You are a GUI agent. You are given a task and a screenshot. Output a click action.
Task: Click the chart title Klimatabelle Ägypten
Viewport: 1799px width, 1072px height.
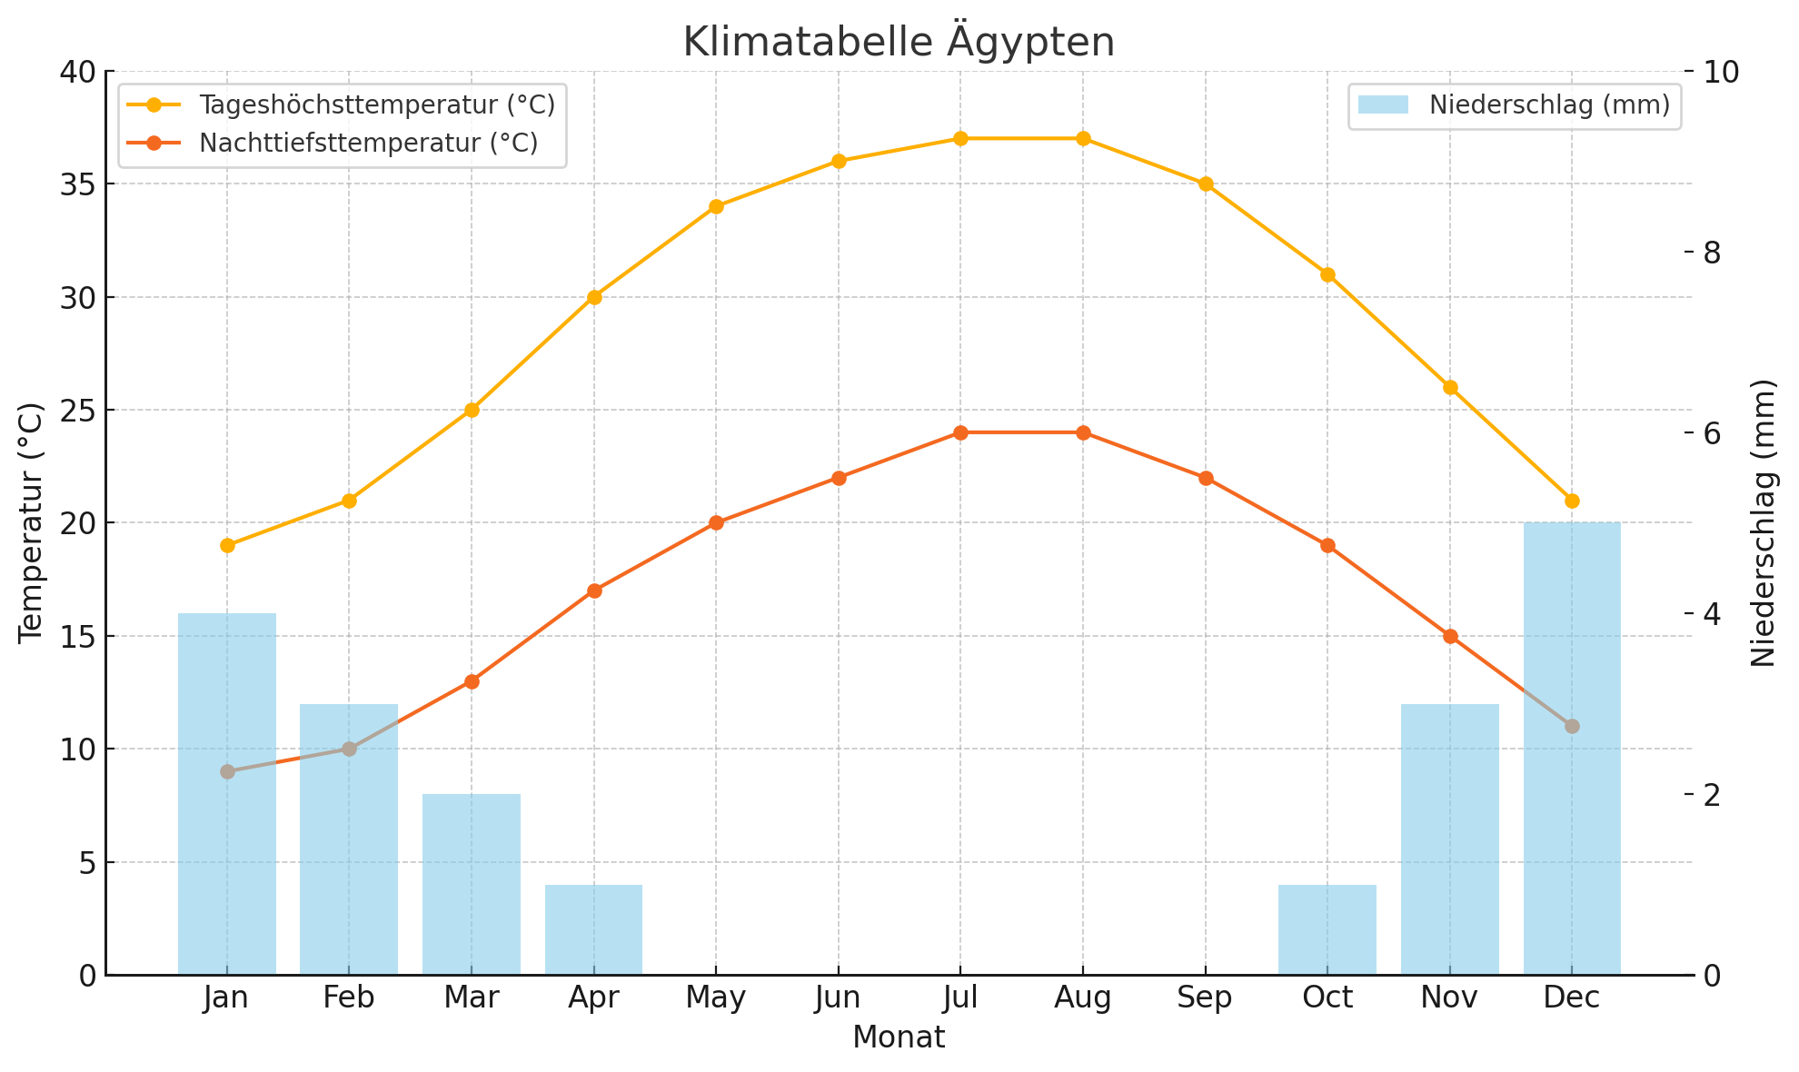pos(899,43)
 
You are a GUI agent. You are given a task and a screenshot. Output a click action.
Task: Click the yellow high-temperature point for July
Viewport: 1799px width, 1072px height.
pos(960,139)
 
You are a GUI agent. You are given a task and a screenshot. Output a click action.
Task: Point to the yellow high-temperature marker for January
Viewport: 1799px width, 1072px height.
pos(227,545)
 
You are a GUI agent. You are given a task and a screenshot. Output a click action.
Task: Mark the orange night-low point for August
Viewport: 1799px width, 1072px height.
pos(1083,432)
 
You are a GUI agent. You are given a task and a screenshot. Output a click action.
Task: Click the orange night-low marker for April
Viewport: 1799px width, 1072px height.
pos(594,591)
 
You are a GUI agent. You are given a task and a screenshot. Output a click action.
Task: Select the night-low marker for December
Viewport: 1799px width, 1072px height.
pos(1572,726)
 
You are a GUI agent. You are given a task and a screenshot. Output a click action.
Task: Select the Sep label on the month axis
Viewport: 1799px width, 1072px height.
pos(1205,998)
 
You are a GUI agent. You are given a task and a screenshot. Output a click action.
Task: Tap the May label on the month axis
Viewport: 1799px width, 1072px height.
pos(716,998)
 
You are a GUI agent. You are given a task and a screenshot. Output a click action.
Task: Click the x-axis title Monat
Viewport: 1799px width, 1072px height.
pos(899,1037)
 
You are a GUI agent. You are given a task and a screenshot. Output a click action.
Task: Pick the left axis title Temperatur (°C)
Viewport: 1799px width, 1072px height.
pos(32,522)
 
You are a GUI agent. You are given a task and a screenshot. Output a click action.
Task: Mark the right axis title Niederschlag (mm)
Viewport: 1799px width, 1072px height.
pos(1764,522)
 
